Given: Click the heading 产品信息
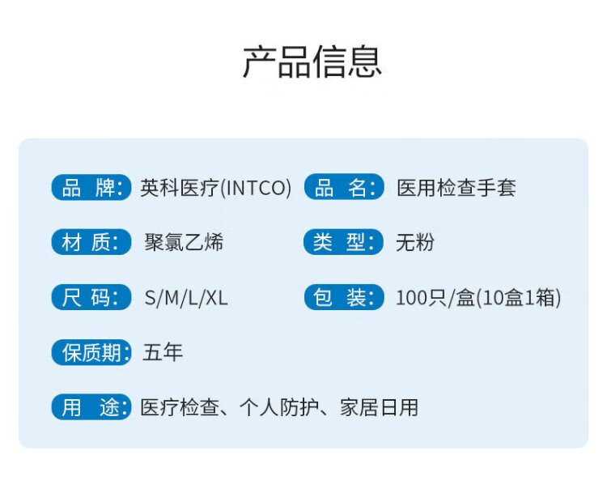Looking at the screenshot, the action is click(312, 62).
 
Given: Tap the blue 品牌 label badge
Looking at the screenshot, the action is click(91, 187).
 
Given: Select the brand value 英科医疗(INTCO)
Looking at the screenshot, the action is click(215, 188).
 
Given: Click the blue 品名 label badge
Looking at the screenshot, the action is click(344, 187).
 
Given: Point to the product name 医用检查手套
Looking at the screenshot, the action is click(456, 188).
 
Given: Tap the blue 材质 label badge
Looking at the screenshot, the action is click(91, 242).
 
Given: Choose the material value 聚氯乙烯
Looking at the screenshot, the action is click(184, 242).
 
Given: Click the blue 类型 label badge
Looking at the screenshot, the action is click(344, 242).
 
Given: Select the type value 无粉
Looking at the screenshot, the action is click(415, 243).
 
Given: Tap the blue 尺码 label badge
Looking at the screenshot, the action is click(91, 297).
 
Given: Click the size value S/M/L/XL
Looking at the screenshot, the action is click(186, 298).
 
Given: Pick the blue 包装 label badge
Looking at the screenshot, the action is click(344, 297).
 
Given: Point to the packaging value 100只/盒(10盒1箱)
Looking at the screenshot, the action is click(478, 298).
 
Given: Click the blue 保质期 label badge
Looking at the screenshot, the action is click(91, 352).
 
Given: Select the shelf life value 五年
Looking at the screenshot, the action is click(163, 352).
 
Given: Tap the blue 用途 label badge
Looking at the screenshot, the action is click(91, 407).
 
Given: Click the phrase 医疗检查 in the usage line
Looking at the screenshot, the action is click(180, 408).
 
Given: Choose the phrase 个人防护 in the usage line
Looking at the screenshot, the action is click(279, 408).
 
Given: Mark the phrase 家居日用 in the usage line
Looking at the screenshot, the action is click(379, 408).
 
